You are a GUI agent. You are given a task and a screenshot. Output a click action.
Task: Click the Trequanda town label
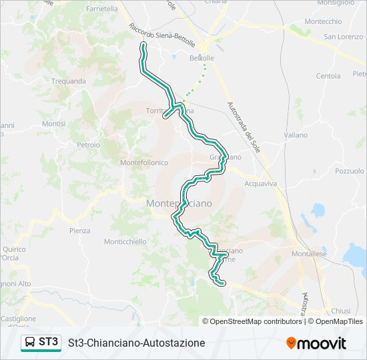pos(69,81)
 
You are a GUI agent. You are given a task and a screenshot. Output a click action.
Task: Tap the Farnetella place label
pos(101,9)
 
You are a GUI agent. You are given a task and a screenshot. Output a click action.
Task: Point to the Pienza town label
pos(79,231)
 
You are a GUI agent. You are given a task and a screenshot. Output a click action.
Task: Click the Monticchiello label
pos(125,242)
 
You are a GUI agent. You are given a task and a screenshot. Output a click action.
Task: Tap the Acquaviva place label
pos(260,183)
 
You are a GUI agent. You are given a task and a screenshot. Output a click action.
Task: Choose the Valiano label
pos(296,135)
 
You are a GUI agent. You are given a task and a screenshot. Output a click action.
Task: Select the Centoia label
pos(328,76)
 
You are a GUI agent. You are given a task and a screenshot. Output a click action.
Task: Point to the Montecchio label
pos(323,21)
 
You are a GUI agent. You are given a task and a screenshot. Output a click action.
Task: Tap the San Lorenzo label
pos(344,37)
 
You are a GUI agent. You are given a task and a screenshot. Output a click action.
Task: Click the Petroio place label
pos(88,145)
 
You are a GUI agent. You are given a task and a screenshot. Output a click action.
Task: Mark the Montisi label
pos(54,124)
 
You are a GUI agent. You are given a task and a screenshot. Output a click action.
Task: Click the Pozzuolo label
pos(350,171)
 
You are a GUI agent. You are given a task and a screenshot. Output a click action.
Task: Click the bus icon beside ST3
pos(30,343)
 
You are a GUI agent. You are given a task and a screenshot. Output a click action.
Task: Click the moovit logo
pos(316,343)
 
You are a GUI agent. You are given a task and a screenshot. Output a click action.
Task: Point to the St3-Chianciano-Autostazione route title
pos(136,343)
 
